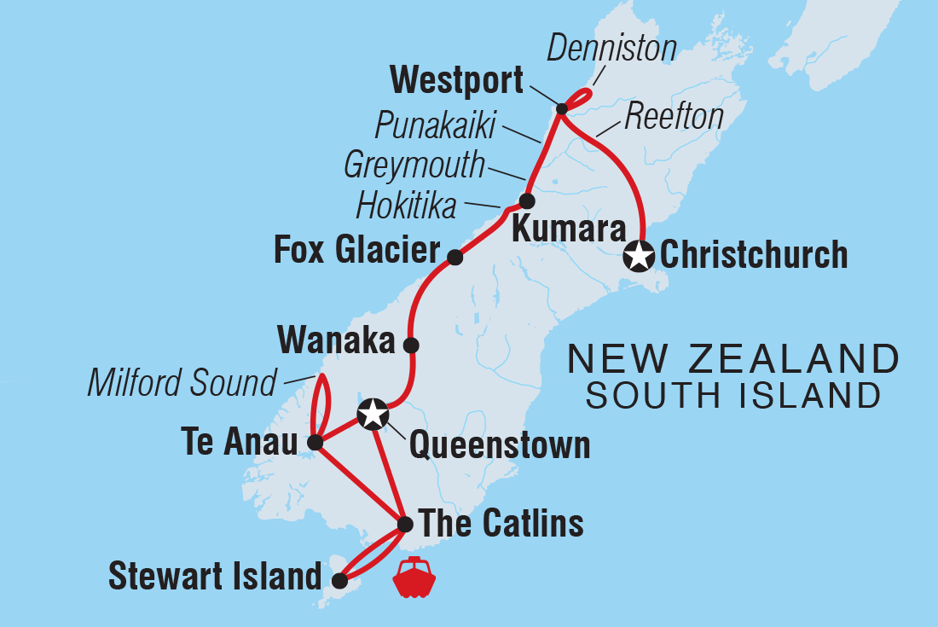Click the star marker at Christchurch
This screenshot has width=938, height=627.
pyautogui.click(x=640, y=255)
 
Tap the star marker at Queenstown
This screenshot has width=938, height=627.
pyautogui.click(x=373, y=414)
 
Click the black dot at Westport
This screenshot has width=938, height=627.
pyautogui.click(x=562, y=108)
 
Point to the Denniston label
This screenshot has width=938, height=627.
pyautogui.click(x=611, y=49)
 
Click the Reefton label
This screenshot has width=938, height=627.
pyautogui.click(x=674, y=117)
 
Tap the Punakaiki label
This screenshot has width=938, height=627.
pyautogui.click(x=435, y=127)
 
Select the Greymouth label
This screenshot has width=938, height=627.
pyautogui.click(x=414, y=165)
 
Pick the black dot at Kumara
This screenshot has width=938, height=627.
pyautogui.click(x=527, y=201)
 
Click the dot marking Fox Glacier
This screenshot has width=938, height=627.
pyautogui.click(x=455, y=257)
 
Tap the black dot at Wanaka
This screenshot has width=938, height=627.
pyautogui.click(x=411, y=345)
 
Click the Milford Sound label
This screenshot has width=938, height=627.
pyautogui.click(x=182, y=383)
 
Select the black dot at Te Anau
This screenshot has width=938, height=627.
pyautogui.click(x=315, y=443)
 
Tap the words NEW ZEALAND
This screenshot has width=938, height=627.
pyautogui.click(x=733, y=360)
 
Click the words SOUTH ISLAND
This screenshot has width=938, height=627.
pyautogui.click(x=733, y=396)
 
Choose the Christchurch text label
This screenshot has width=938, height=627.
pyautogui.click(x=754, y=255)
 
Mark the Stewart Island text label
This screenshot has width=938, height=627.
pyautogui.click(x=214, y=577)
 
